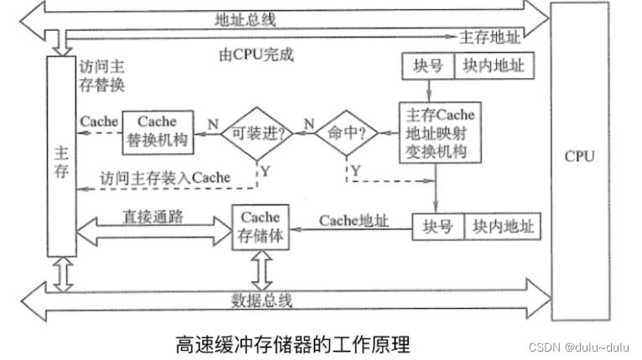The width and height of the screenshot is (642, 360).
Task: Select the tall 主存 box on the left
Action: pyautogui.click(x=61, y=155)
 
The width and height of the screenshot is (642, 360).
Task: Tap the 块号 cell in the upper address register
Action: pyautogui.click(x=427, y=65)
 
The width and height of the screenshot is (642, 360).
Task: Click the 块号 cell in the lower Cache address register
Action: pyautogui.click(x=437, y=227)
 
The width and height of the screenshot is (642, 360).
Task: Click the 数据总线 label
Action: pyautogui.click(x=262, y=300)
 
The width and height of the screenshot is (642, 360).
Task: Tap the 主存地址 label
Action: pyautogui.click(x=491, y=37)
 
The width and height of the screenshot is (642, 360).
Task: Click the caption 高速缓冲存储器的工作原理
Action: pyautogui.click(x=293, y=343)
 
